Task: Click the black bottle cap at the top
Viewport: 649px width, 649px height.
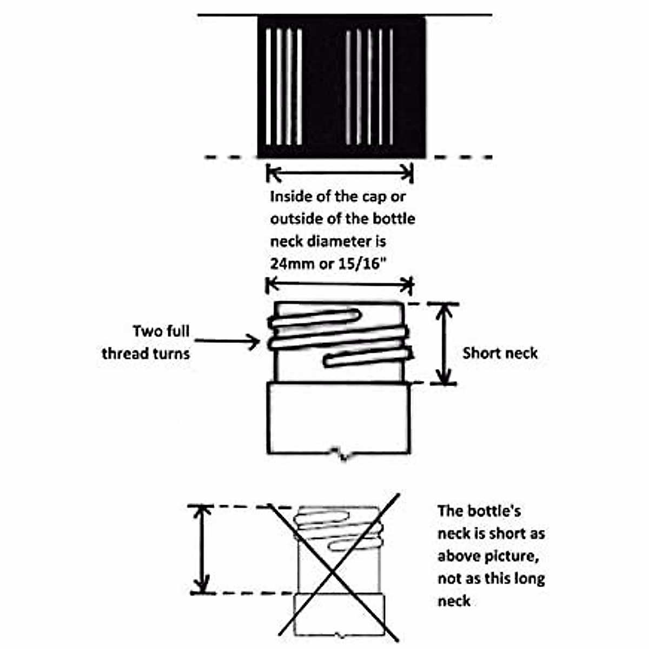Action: [x=341, y=87]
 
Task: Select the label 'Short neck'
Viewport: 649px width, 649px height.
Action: [x=500, y=354]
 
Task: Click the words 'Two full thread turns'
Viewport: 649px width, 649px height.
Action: [x=146, y=342]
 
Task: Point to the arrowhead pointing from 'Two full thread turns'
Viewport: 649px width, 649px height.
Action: [x=254, y=341]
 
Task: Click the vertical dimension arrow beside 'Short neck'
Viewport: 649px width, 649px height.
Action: [x=444, y=344]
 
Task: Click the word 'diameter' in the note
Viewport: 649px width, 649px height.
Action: [x=346, y=241]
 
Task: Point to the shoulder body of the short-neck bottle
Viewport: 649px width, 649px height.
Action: [x=339, y=418]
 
